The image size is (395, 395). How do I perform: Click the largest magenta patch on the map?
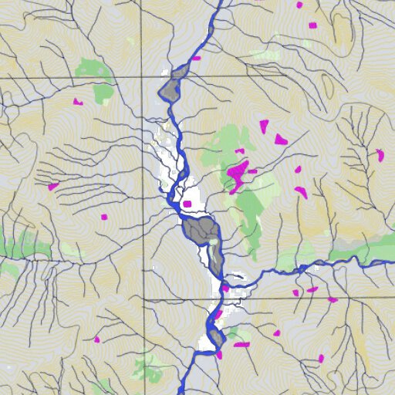tap(238, 173)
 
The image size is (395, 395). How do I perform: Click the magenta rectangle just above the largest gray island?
tap(187, 204)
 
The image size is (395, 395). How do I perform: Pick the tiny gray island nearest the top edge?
tap(211, 29)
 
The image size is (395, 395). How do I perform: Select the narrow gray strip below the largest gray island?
tap(215, 258)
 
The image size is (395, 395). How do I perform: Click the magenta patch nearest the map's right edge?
tap(380, 155)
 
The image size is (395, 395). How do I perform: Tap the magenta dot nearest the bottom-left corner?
tap(97, 339)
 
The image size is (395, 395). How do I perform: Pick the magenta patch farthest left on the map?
tap(53, 186)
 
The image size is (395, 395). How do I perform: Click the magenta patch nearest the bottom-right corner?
tap(321, 358)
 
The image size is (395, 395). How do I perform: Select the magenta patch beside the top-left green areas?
tap(77, 101)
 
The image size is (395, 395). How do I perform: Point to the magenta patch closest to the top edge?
tap(299, 5)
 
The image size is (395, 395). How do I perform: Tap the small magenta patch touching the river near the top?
tap(197, 58)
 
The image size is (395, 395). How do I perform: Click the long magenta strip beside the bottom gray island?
tap(241, 345)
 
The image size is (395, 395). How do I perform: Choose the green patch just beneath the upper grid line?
tap(103, 93)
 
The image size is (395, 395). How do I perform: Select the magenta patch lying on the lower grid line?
tap(332, 299)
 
